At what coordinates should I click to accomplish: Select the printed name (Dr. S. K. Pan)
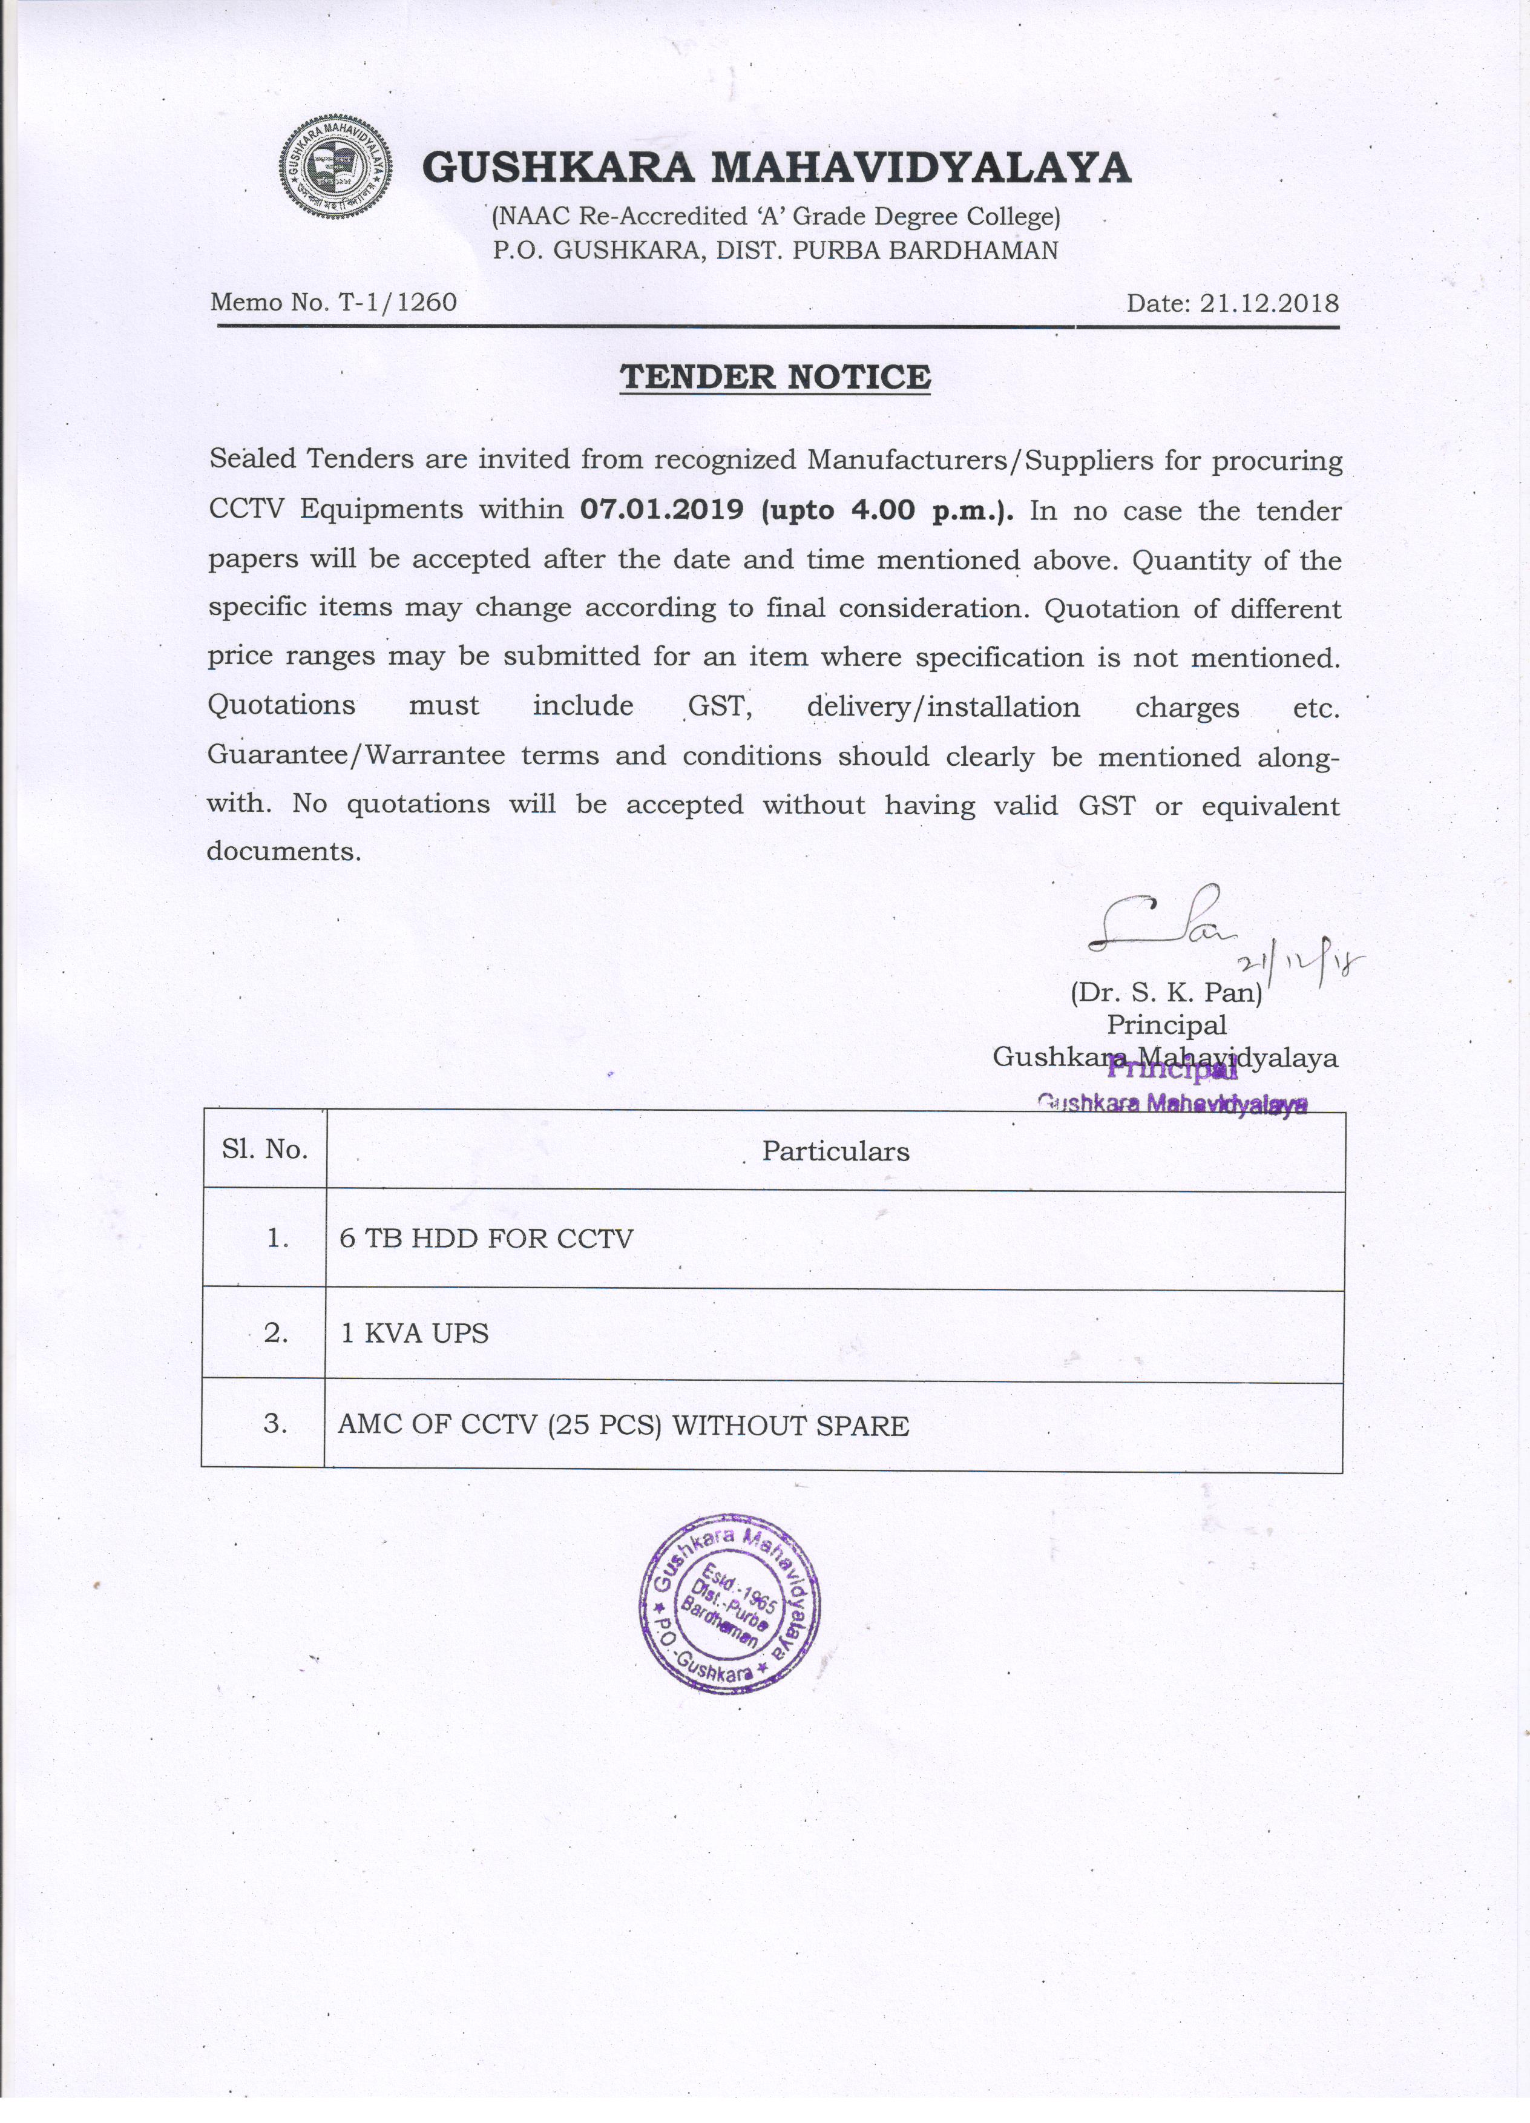point(1166,992)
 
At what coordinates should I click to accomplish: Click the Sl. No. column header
point(265,1150)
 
